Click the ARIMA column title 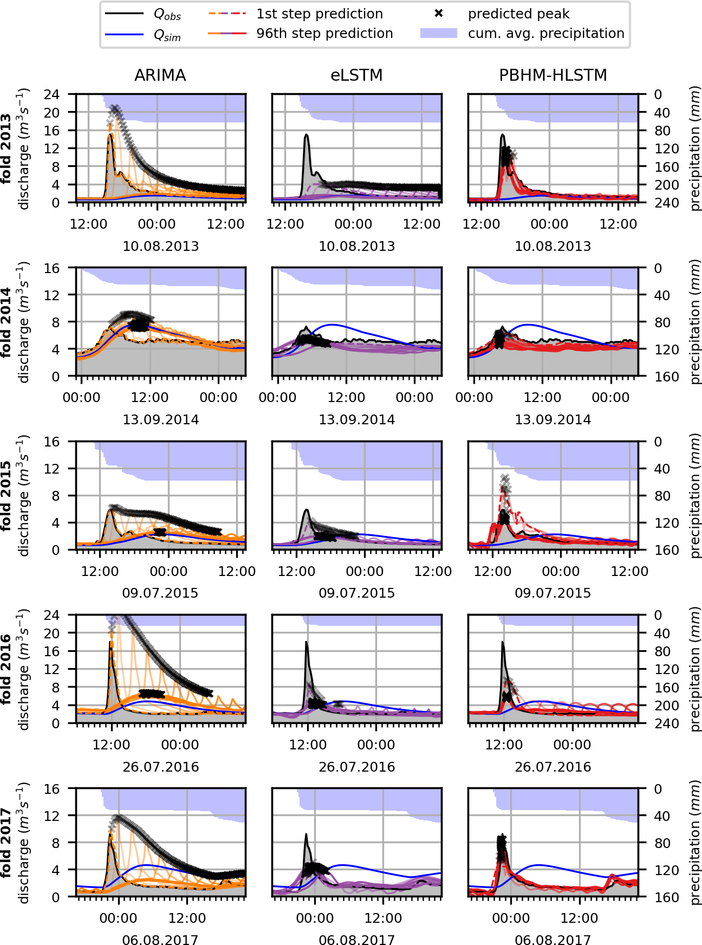tap(160, 75)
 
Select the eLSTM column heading tap(356, 75)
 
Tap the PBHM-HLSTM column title tap(552, 75)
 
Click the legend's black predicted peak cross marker tap(439, 14)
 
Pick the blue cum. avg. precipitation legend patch tap(439, 34)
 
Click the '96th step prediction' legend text tap(324, 34)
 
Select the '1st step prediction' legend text tap(320, 14)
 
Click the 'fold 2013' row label tap(6, 148)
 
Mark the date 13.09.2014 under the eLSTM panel tap(356, 419)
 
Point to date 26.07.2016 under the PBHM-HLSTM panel tap(552, 767)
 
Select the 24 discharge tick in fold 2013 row tap(52, 94)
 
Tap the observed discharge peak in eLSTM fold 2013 tap(307, 135)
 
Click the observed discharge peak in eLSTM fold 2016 tap(307, 643)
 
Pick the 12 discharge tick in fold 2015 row tap(52, 469)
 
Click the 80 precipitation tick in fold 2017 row tap(662, 843)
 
